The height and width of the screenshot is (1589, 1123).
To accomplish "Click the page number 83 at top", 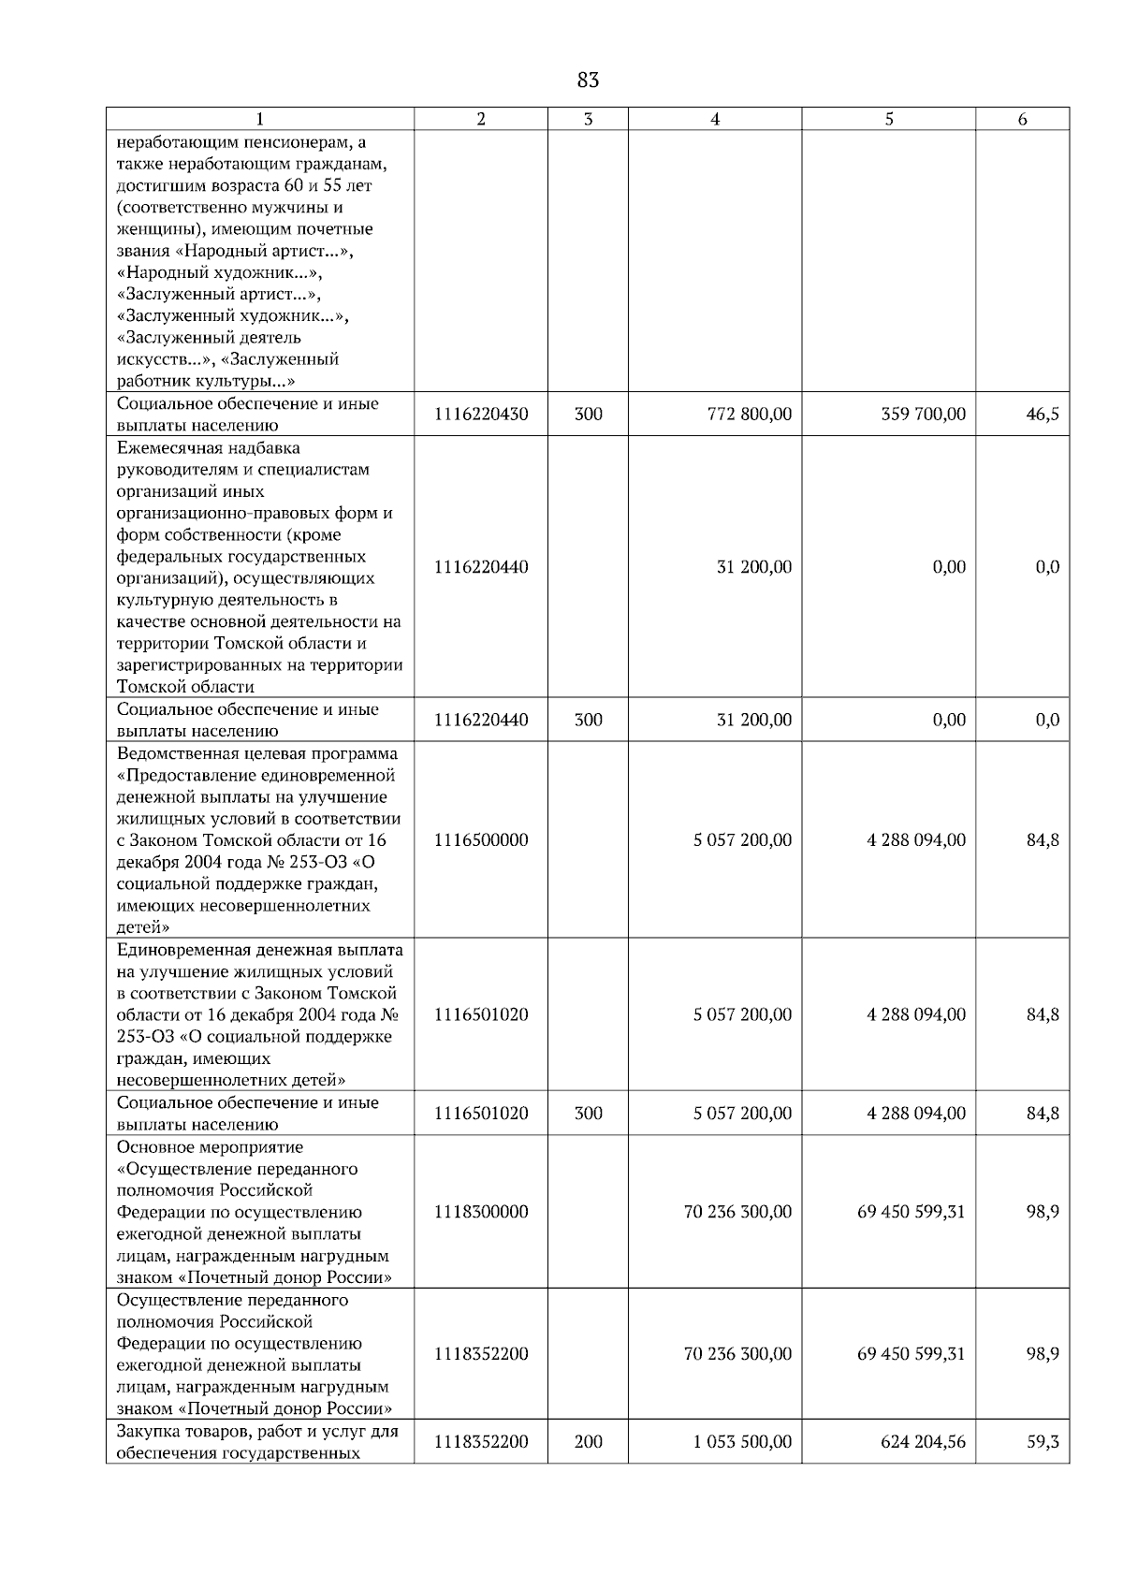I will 588,80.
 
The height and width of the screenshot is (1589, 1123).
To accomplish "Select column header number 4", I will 715,119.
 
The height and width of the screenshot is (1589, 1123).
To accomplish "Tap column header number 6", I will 1022,119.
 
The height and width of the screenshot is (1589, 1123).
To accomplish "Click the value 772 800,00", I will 750,414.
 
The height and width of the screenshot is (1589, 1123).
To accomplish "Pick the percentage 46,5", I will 1043,414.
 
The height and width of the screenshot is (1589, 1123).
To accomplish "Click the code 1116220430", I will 481,414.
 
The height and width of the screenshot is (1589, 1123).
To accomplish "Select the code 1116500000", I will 481,839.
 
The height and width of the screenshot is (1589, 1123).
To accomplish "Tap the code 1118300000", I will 481,1212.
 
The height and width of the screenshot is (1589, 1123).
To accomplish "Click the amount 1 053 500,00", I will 742,1442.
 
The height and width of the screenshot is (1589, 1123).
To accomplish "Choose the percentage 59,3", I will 1043,1442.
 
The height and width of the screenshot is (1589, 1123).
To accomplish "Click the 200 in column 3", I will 588,1442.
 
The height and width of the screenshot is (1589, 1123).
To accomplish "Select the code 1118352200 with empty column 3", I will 481,1353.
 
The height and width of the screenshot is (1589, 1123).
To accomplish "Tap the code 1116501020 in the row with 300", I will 481,1113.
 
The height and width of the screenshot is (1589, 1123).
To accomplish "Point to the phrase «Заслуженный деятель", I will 209,338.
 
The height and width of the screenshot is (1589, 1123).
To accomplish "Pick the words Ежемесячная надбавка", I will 208,448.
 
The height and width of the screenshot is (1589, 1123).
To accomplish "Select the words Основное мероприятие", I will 210,1147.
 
